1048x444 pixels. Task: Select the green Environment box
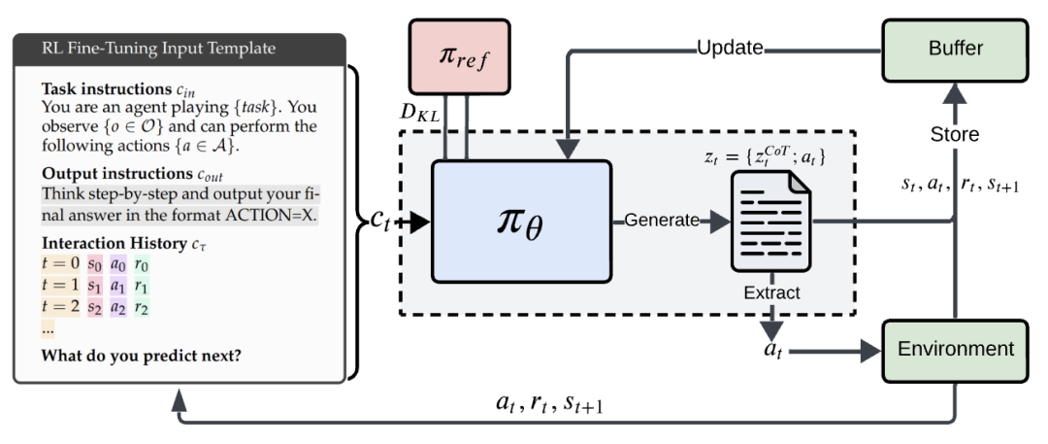(x=955, y=350)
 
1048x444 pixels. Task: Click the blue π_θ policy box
(x=521, y=222)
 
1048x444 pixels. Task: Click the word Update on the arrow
(x=730, y=48)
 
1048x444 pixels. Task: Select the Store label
(x=955, y=135)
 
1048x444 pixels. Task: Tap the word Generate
(x=661, y=221)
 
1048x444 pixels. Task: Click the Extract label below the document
(x=771, y=292)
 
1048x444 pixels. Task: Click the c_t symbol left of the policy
(x=381, y=221)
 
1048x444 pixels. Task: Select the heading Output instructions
(x=114, y=176)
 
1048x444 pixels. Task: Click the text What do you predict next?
(x=141, y=355)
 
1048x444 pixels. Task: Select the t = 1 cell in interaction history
(x=60, y=286)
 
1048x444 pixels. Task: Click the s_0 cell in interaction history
(x=94, y=265)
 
